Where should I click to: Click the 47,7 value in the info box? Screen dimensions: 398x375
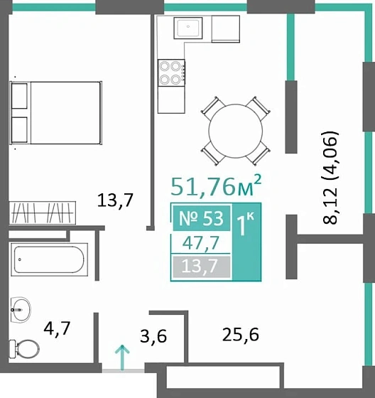[201, 244]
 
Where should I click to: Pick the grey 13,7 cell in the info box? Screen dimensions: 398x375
[201, 267]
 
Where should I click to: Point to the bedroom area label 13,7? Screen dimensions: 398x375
[116, 200]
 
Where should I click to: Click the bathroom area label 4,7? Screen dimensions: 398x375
[58, 328]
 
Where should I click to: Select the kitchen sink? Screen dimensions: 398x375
[190, 29]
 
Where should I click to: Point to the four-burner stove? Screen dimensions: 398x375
[170, 71]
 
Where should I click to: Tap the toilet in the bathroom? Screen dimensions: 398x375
[26, 349]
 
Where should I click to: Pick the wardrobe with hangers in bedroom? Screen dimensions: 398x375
[41, 211]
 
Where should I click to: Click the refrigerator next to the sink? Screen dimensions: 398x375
[225, 28]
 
